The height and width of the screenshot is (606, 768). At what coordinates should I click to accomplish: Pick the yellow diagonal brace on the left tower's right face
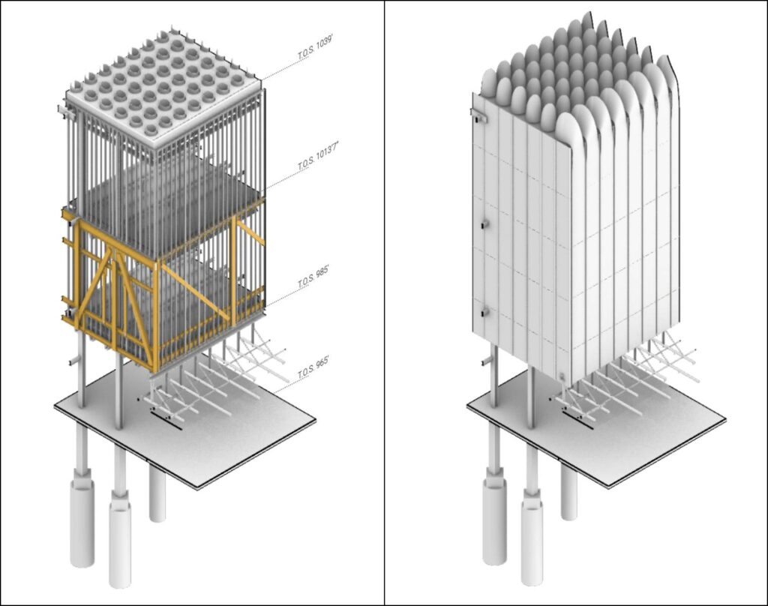(193, 289)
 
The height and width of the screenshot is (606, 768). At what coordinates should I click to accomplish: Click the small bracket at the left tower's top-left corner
(62, 112)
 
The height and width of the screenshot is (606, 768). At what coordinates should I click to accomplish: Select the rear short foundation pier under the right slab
(569, 492)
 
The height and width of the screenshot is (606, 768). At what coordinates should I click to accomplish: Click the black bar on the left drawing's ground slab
(165, 420)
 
